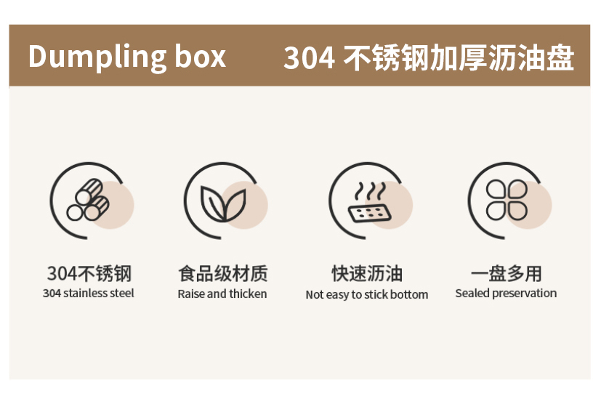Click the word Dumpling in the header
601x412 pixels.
pos(96,57)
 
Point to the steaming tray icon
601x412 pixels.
pos(369,204)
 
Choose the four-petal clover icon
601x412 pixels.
pos(506,201)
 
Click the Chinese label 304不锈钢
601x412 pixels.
pos(89,274)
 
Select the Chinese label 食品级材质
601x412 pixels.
pos(222,274)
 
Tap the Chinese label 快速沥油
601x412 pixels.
pos(367,274)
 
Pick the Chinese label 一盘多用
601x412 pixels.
pos(506,274)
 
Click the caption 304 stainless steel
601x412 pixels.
pos(89,294)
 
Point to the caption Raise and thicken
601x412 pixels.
pos(222,294)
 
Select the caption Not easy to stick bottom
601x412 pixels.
pos(367,295)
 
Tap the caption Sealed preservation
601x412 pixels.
pos(506,294)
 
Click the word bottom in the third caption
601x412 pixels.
pos(409,295)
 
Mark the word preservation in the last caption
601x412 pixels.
pos(524,294)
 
